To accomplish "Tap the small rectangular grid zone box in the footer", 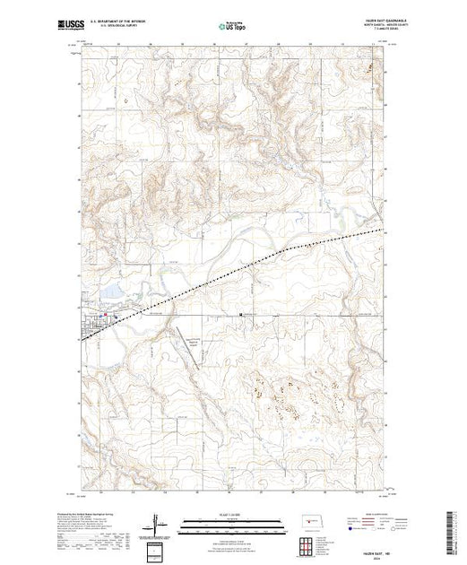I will coord(158,549).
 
